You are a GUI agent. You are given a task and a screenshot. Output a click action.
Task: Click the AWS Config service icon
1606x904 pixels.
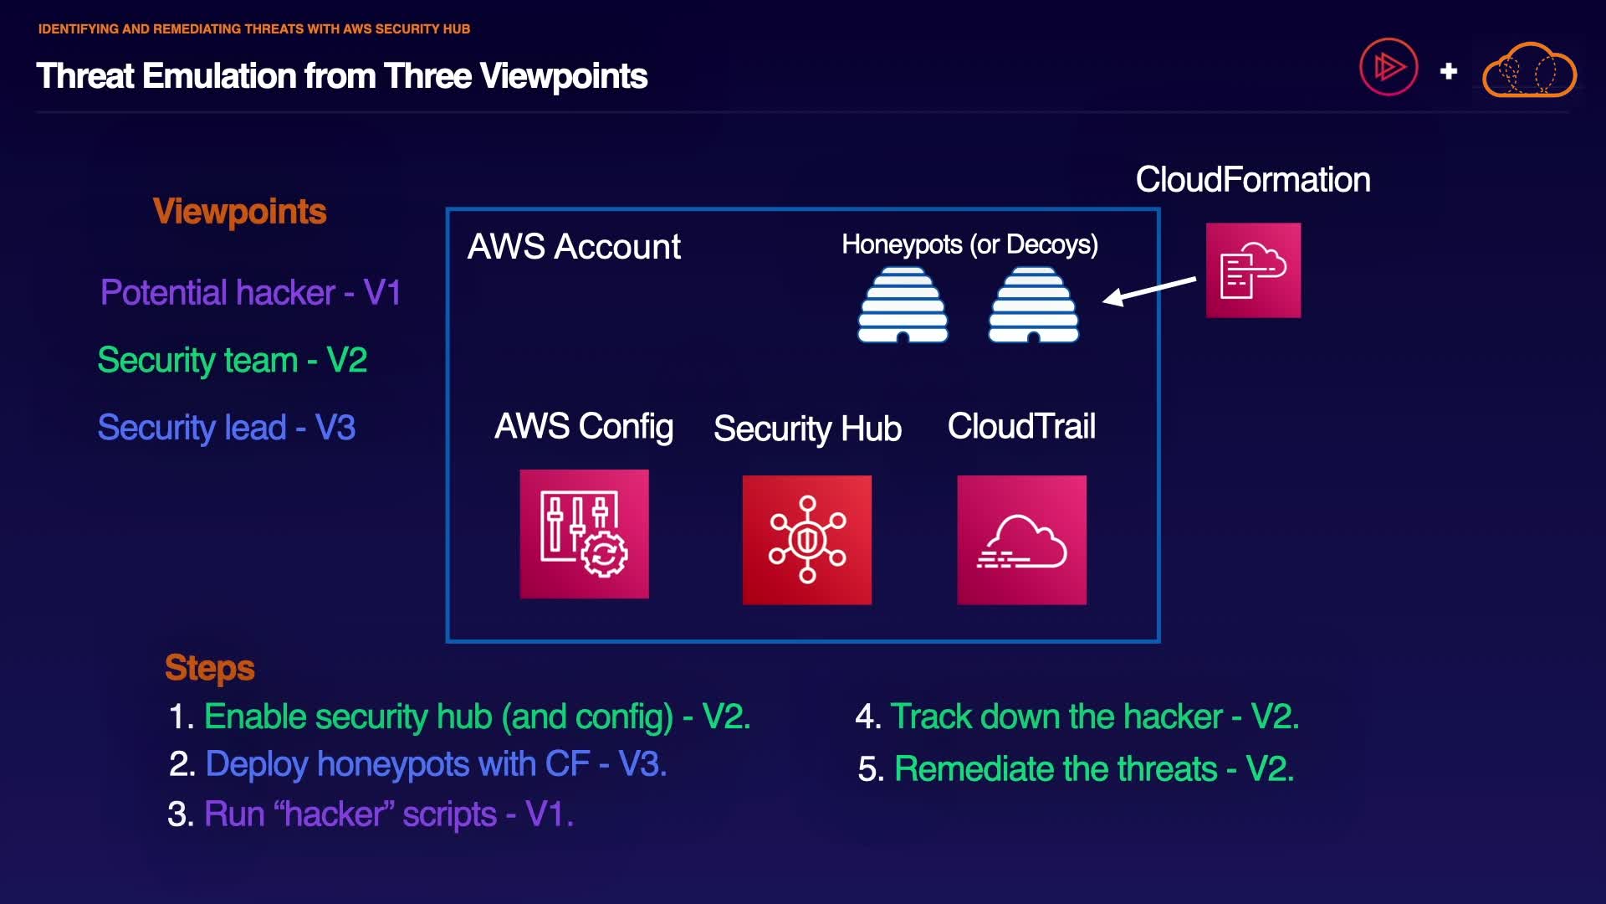coord(584,534)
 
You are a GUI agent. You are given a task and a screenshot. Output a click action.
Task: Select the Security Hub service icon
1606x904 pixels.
coord(807,540)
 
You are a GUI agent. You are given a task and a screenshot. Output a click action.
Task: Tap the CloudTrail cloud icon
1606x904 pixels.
coord(1021,540)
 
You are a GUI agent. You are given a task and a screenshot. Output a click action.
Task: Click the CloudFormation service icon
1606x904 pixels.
coord(1253,270)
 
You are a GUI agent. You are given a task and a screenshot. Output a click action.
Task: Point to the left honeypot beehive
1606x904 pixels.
coord(903,306)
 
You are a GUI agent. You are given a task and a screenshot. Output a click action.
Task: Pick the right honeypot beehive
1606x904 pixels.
coord(1034,306)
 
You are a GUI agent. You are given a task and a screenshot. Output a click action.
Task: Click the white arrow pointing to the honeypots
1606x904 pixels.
coord(1149,290)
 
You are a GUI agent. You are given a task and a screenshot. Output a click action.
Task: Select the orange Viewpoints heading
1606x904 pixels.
coord(239,212)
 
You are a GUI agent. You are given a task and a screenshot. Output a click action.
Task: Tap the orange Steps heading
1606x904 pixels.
coord(209,668)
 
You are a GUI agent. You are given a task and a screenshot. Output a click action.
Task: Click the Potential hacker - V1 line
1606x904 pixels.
coord(250,293)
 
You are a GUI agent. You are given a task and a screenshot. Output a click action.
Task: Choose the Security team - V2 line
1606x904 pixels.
coord(233,361)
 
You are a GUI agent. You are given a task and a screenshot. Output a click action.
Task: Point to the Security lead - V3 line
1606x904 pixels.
coord(227,428)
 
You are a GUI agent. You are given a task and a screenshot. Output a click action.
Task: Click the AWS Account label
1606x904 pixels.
coord(574,247)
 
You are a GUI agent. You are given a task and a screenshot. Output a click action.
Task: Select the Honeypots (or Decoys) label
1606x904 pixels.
coord(969,244)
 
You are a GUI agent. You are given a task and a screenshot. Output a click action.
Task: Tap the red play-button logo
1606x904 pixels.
coord(1389,67)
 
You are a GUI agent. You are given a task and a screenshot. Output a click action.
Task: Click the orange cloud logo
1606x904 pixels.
coord(1529,70)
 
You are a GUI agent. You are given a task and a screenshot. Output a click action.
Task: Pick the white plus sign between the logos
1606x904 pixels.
coord(1449,72)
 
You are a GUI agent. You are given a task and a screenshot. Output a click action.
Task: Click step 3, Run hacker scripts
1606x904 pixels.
coord(371,814)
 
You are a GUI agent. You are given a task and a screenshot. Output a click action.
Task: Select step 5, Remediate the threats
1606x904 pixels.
coord(1076,769)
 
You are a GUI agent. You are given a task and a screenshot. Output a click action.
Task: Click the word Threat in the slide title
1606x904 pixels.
coord(84,76)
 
